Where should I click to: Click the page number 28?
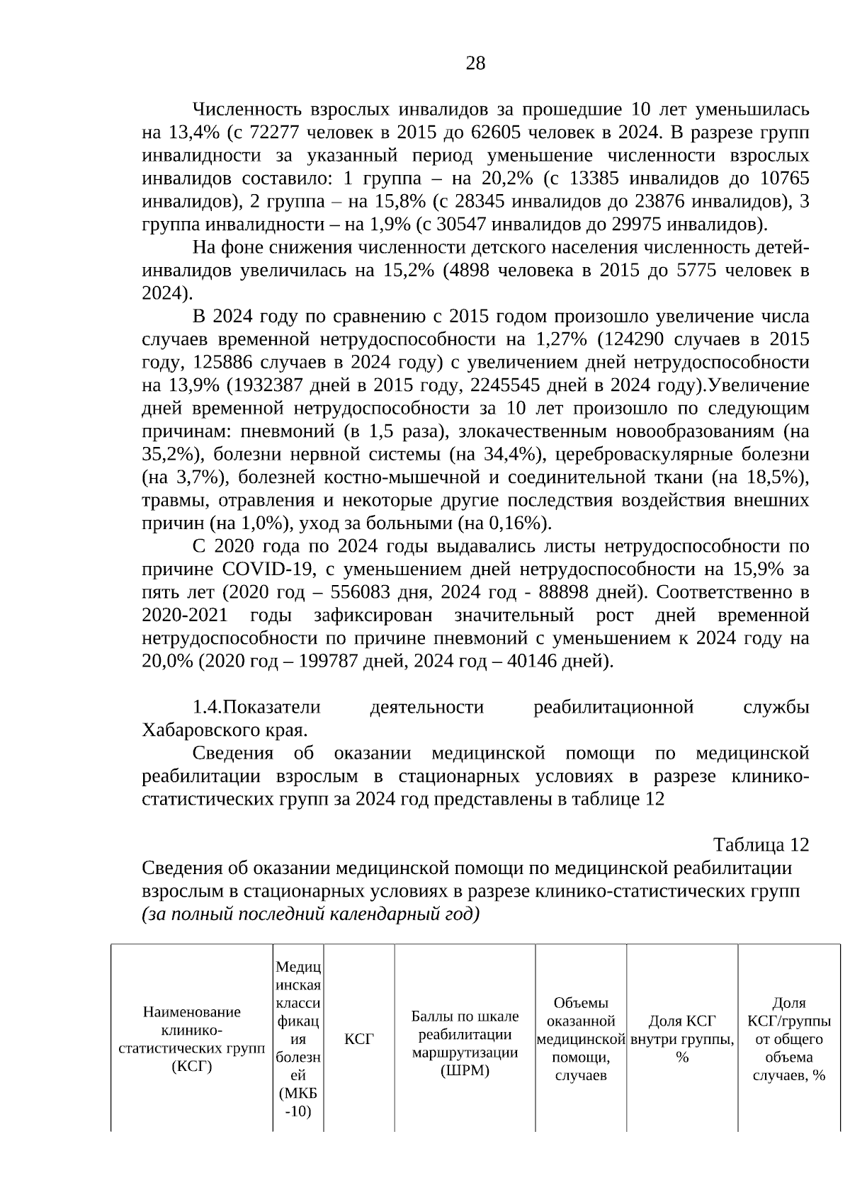475,64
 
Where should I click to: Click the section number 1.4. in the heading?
208,708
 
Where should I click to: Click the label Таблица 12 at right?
760,846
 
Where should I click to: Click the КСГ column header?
358,1040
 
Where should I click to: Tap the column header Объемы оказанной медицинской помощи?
581,1040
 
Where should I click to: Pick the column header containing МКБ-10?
298,1040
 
